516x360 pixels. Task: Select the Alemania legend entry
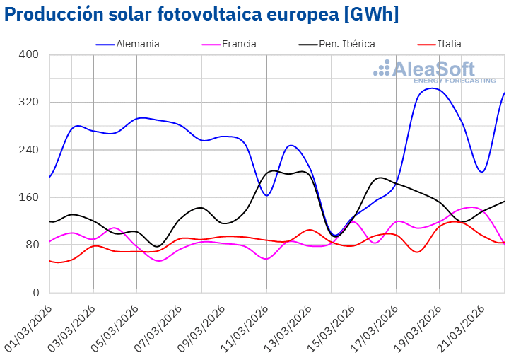tap(139, 44)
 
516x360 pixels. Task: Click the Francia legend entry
tap(240, 44)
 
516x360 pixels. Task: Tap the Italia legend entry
tap(450, 44)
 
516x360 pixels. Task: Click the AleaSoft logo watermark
tap(434, 71)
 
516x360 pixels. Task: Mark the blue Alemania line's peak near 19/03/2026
tap(432, 88)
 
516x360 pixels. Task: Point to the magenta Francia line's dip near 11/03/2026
tap(266, 259)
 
